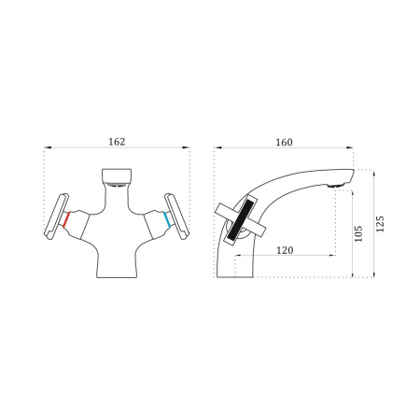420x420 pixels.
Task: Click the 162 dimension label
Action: click(117, 142)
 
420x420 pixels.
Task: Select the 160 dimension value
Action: click(285, 142)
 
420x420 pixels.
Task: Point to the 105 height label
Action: click(359, 233)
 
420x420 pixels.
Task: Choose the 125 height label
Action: click(380, 224)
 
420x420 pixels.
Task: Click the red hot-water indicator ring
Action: click(65, 220)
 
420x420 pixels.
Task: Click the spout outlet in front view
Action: click(116, 175)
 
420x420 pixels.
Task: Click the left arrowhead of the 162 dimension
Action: click(47, 150)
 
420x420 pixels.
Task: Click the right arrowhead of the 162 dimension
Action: click(188, 150)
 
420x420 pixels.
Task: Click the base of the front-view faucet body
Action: click(117, 273)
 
